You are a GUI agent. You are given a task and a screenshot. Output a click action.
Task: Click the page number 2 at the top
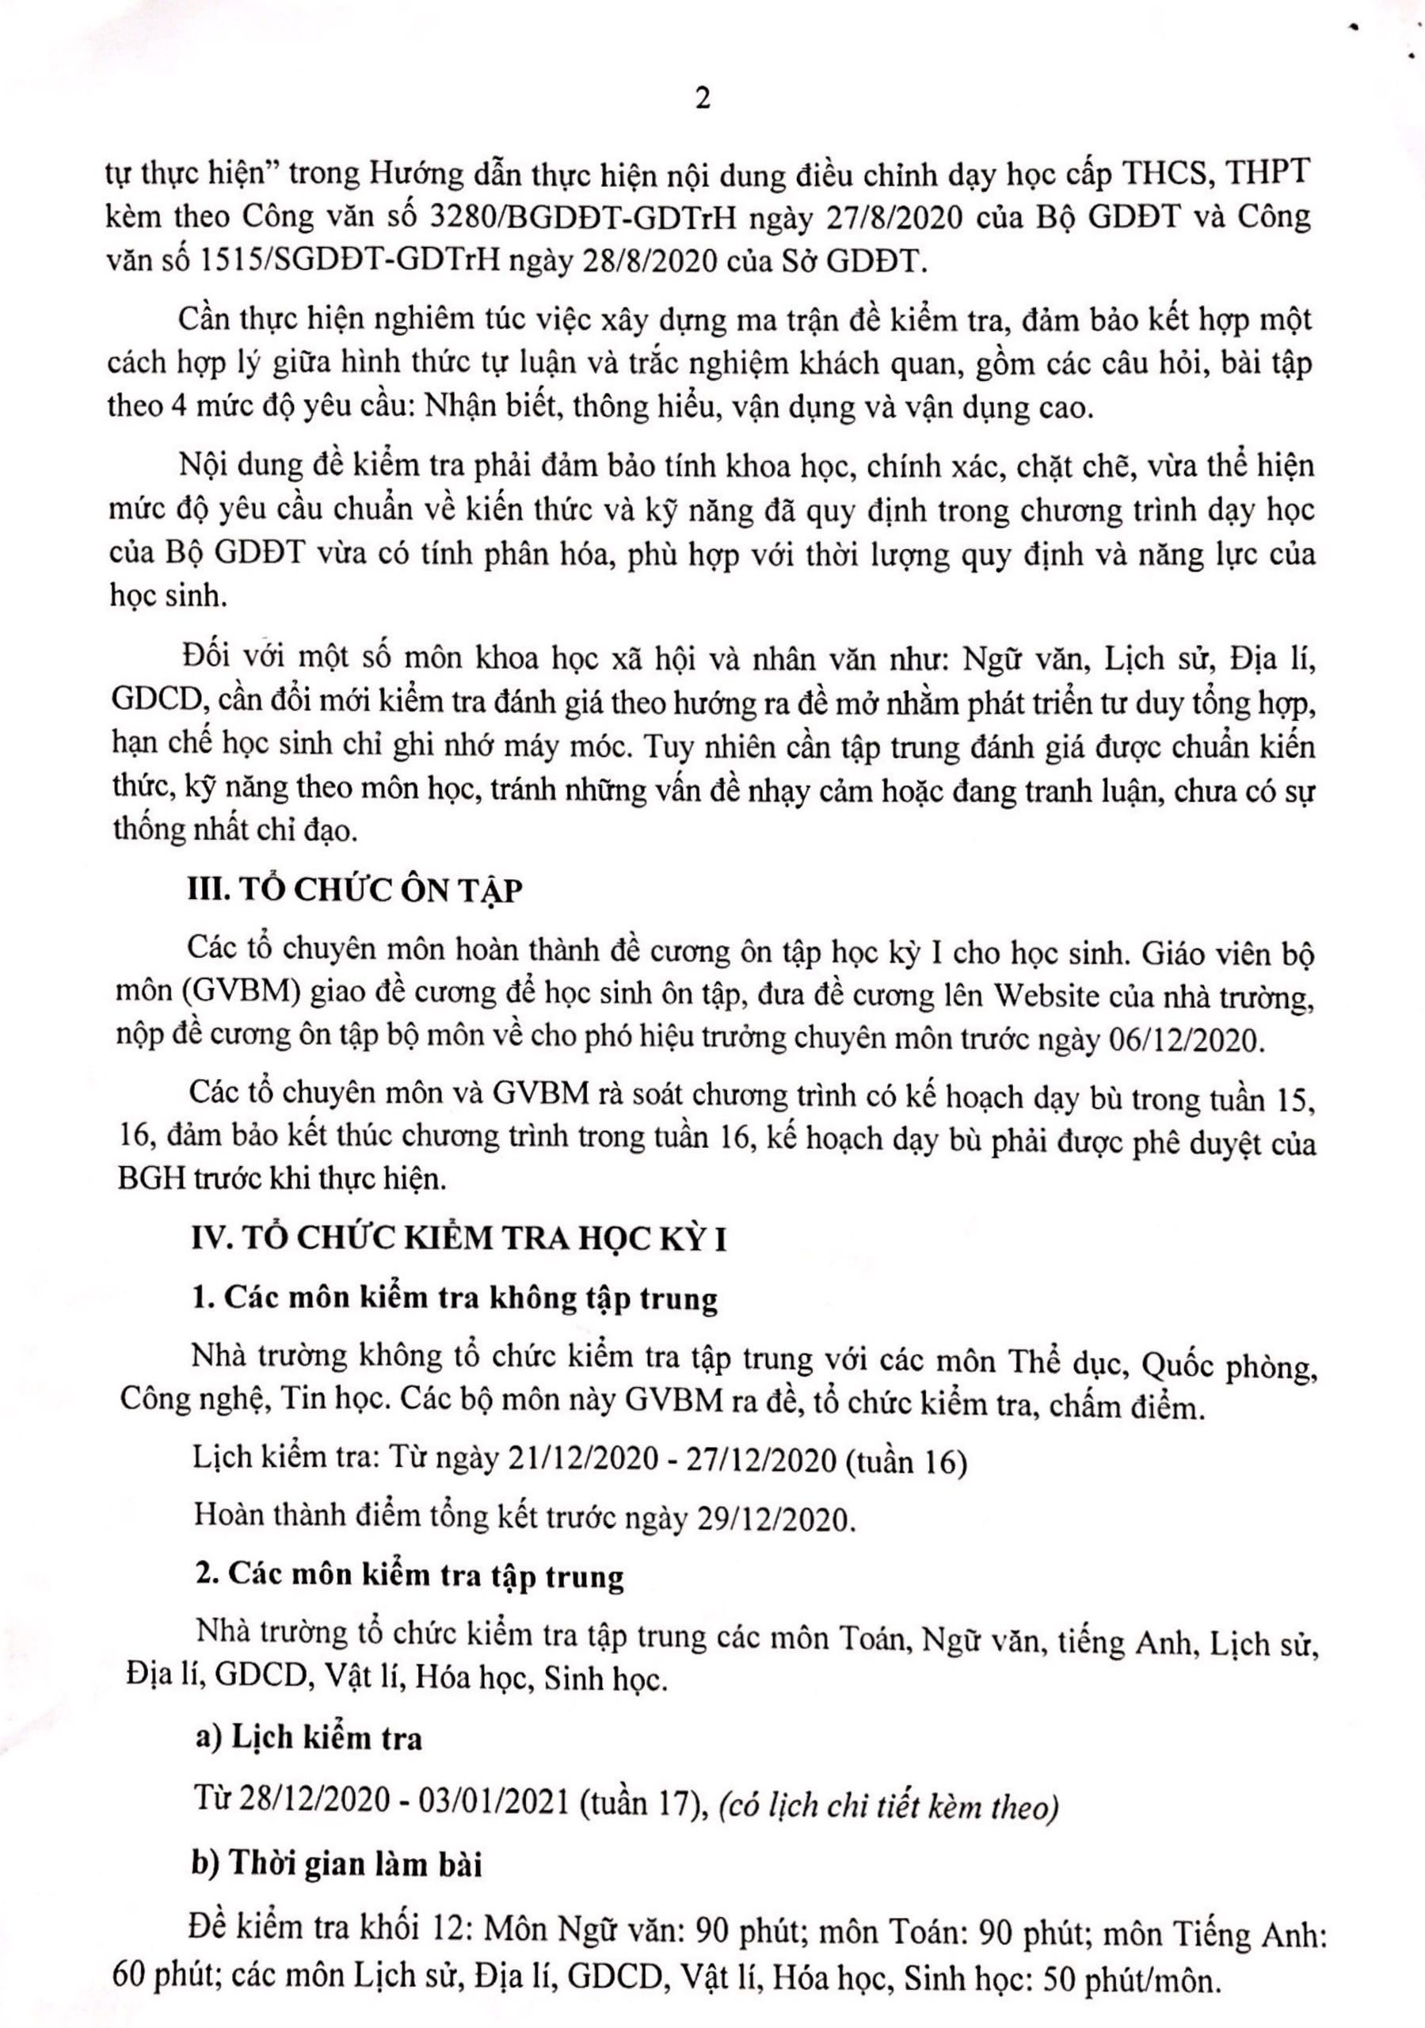click(x=703, y=100)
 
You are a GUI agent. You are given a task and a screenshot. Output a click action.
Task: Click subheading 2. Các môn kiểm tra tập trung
click(x=408, y=1576)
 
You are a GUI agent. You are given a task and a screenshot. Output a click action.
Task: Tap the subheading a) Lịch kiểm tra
click(x=308, y=1738)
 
